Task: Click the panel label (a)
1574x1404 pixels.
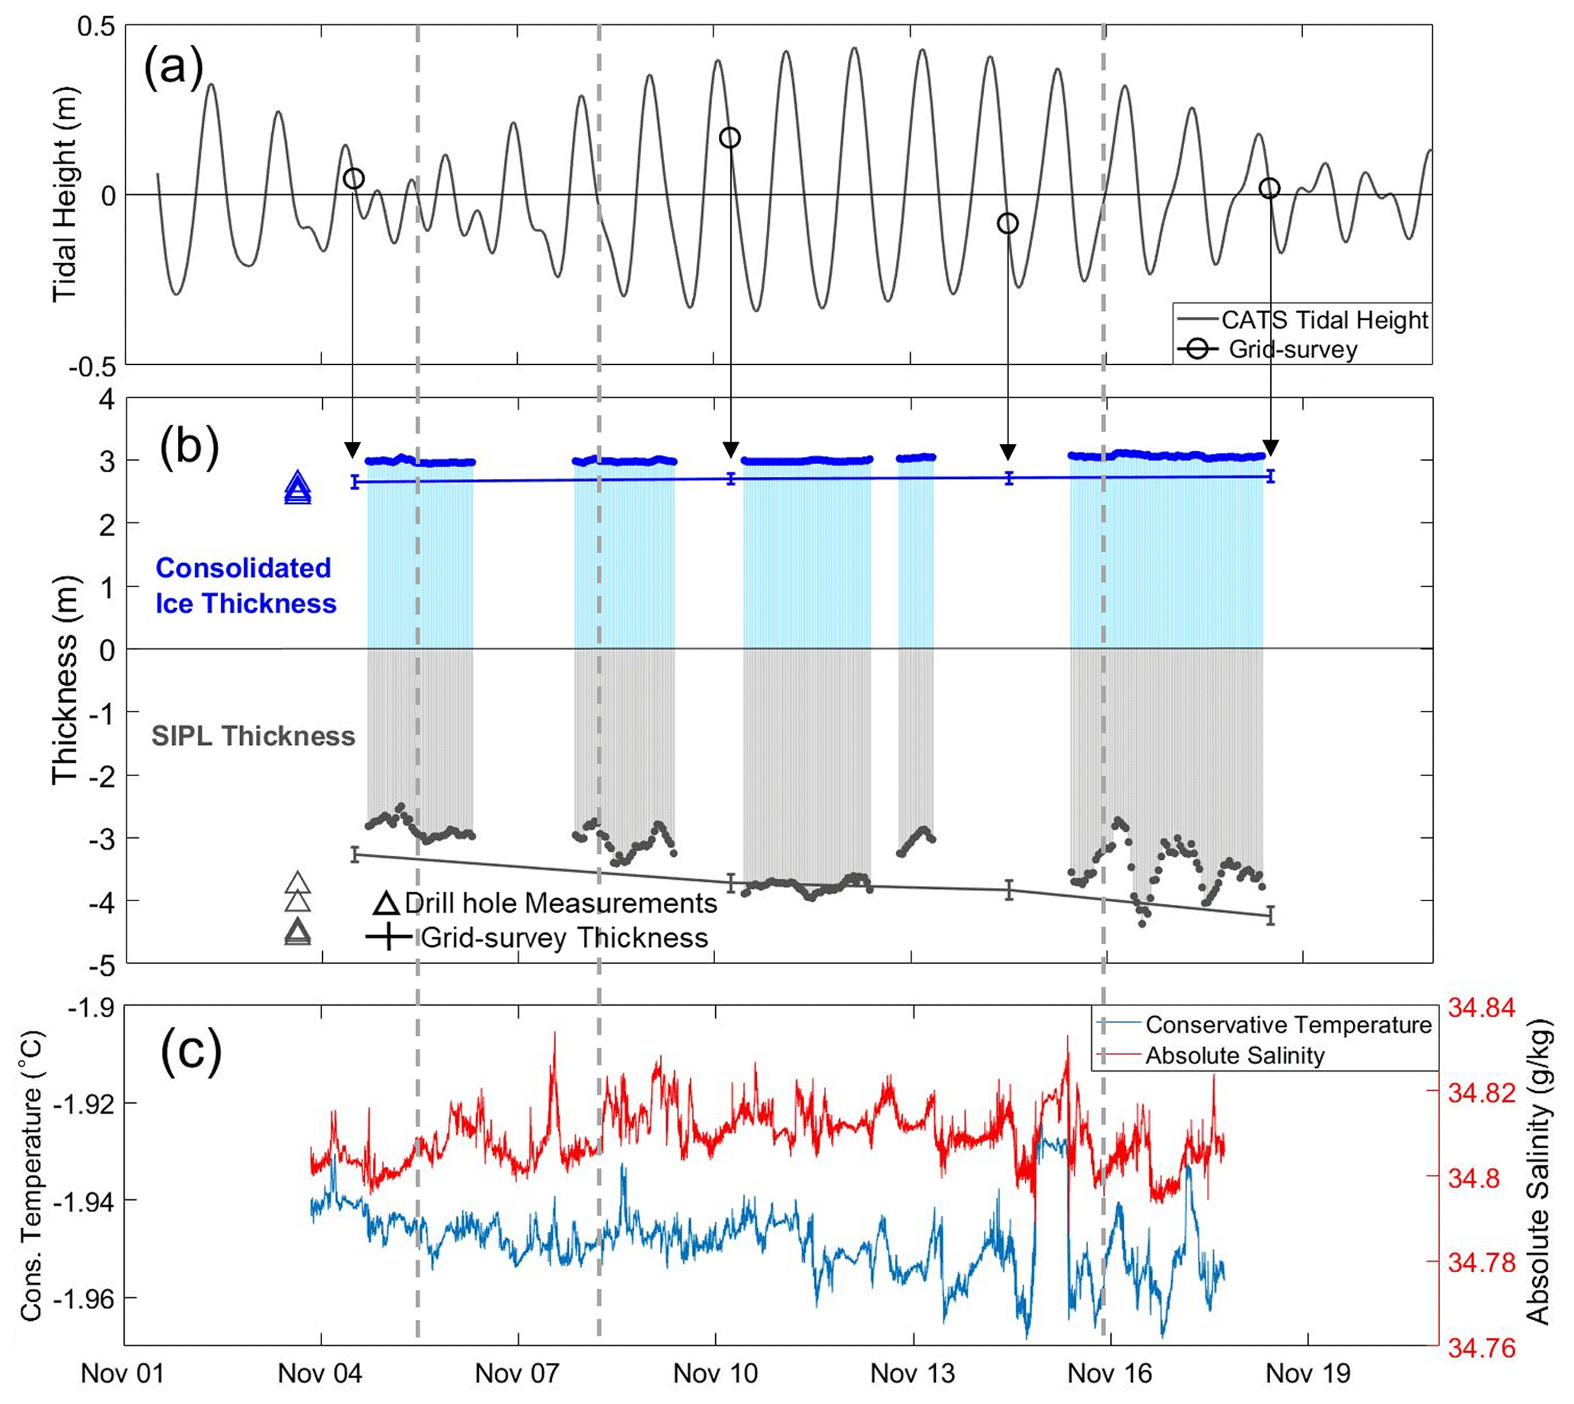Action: coord(174,66)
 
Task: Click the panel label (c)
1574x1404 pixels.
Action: coord(190,1051)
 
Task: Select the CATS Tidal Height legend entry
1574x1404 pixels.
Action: coord(1323,320)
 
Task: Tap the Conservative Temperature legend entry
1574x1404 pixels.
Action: coord(1287,1025)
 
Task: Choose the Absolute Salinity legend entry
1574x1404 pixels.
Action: coord(1234,1055)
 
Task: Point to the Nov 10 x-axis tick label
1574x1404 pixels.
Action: coord(715,1373)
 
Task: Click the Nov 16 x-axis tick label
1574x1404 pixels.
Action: coord(1109,1373)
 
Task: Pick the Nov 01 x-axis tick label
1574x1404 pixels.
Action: coord(123,1373)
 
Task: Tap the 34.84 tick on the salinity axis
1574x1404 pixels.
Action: coord(1481,1008)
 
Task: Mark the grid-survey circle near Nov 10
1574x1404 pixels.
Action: coord(730,138)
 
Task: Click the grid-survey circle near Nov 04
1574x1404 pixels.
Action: coord(353,179)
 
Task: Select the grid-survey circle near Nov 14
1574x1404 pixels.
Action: coord(1007,224)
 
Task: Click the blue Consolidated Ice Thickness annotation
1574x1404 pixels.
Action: coord(245,586)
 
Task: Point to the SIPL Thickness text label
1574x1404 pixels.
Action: coord(253,736)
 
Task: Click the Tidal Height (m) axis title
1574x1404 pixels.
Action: coord(65,196)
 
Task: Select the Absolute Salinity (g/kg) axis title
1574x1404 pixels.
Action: coord(1537,1176)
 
